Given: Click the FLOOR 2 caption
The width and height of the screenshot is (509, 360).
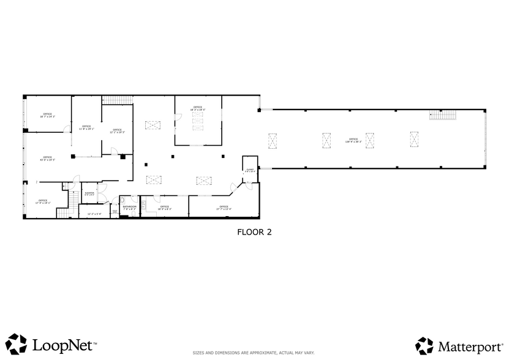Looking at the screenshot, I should [x=254, y=232].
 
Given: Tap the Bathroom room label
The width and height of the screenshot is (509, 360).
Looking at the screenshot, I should [x=129, y=208].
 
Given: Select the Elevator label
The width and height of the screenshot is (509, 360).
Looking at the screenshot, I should [x=89, y=193].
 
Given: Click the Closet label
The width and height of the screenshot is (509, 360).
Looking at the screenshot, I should [x=249, y=171].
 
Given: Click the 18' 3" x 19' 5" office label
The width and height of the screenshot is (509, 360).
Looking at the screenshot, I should [x=197, y=108].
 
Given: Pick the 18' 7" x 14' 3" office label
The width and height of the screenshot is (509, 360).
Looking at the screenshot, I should [x=47, y=115].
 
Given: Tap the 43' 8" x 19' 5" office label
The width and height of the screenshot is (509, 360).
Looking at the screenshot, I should [x=47, y=159].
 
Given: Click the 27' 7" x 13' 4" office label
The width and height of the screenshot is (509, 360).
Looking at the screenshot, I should [x=224, y=208].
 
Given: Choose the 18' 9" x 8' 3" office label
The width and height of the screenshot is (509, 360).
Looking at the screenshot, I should [x=164, y=208].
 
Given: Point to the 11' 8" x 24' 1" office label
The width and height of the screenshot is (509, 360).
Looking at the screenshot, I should [x=86, y=127].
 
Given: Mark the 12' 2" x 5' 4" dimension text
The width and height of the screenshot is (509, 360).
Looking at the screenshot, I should [x=94, y=214].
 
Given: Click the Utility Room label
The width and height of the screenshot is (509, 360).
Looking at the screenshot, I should [x=115, y=212].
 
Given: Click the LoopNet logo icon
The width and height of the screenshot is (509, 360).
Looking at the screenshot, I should [x=17, y=343].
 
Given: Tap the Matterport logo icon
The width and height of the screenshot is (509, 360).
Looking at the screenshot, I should [x=424, y=346].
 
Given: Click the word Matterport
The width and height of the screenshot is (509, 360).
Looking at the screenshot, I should [x=468, y=347].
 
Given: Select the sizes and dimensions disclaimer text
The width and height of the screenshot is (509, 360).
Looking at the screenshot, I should [x=254, y=353].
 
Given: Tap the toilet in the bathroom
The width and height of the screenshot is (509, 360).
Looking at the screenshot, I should [x=122, y=200].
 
